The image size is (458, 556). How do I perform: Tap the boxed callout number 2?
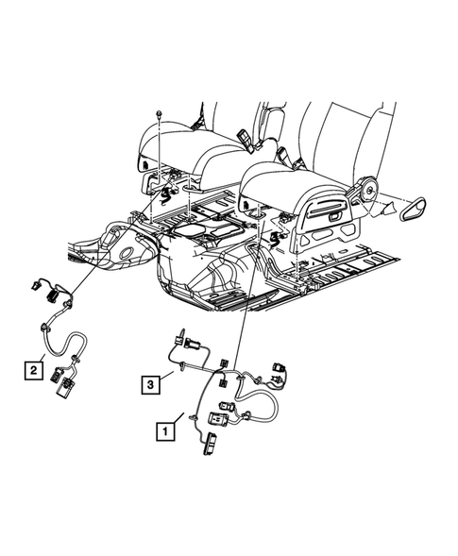click(x=32, y=369)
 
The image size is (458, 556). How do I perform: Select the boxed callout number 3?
click(x=151, y=383)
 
